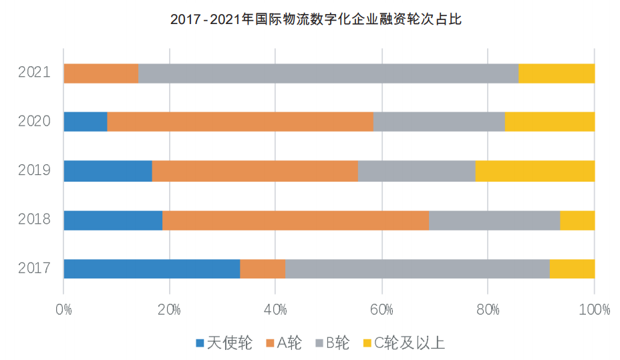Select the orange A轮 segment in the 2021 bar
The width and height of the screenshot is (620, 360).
pos(101,73)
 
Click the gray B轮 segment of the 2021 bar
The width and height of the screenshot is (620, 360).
pos(328,73)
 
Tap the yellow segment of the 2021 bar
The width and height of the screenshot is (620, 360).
pos(556,73)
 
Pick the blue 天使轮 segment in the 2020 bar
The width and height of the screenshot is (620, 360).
pos(86,122)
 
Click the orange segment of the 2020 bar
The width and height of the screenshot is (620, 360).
pos(240,122)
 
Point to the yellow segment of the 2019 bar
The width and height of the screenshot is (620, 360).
pos(534,171)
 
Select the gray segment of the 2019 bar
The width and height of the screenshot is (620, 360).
pos(416,171)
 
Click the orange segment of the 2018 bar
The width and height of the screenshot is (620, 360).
pos(295,220)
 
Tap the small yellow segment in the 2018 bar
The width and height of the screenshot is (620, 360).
pos(577,220)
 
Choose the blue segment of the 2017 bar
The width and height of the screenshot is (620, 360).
pos(152,268)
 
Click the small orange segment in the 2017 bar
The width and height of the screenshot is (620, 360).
pos(263,268)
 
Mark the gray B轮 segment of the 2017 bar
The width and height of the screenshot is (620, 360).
pos(418,268)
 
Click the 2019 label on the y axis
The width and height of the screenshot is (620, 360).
pos(34,171)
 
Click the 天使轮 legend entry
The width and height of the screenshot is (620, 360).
pos(224,343)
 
